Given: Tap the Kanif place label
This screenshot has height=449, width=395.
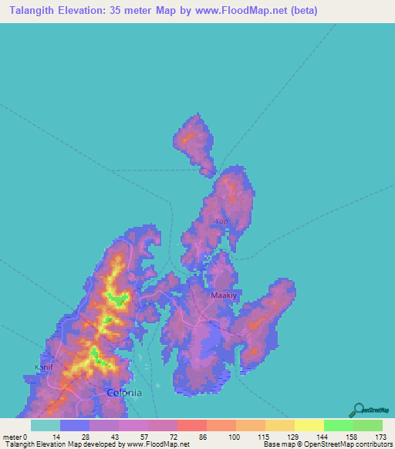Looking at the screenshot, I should pos(44,367).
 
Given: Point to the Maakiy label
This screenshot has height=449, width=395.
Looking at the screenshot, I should pos(223,295).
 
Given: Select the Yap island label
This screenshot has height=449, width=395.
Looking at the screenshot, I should pos(221,221).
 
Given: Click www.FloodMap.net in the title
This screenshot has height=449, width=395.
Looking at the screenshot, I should pos(241,11).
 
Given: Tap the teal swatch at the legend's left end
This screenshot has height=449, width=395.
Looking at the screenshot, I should pos(45,425).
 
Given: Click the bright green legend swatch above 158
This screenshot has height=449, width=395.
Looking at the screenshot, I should pos(338,425).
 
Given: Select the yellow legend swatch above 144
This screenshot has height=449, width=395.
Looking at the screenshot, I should pos(309,425).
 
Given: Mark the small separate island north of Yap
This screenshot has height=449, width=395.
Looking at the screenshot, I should pos(195,142).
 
